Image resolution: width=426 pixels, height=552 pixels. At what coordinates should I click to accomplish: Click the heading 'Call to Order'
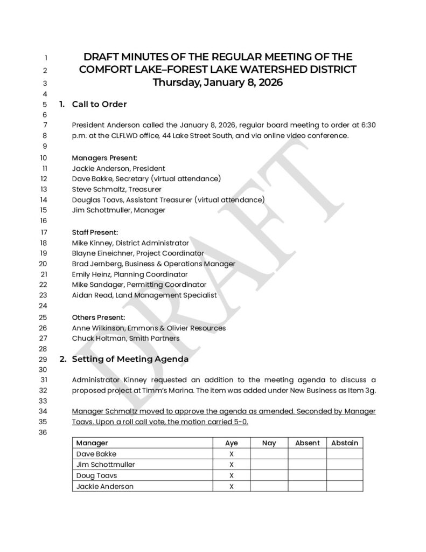100,104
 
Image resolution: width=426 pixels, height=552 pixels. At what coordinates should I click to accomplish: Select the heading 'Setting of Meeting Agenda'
130,358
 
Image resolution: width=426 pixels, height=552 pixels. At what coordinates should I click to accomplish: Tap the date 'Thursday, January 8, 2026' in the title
218,82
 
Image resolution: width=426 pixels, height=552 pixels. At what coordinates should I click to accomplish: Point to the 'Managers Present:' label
104,158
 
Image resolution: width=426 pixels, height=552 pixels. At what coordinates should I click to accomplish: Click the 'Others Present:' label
99,317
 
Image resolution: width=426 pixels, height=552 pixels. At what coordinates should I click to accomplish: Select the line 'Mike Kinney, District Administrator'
130,243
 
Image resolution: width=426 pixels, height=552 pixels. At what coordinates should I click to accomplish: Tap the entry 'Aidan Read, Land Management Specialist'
144,295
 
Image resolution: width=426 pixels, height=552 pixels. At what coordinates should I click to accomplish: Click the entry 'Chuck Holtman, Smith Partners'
125,338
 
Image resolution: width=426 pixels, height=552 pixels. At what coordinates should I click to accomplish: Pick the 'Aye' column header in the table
232,443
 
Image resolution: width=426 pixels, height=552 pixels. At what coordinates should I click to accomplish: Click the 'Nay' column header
269,443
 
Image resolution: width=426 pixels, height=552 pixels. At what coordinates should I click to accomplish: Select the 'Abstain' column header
345,443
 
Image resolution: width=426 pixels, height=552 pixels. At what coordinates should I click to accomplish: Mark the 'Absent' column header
308,443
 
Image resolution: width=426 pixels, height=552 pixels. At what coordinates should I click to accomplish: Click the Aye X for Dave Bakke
232,454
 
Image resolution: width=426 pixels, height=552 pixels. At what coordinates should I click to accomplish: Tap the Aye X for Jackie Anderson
232,486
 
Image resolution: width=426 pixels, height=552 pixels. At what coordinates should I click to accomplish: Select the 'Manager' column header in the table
92,443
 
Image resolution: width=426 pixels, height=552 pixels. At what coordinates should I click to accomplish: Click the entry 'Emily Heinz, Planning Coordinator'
130,274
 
